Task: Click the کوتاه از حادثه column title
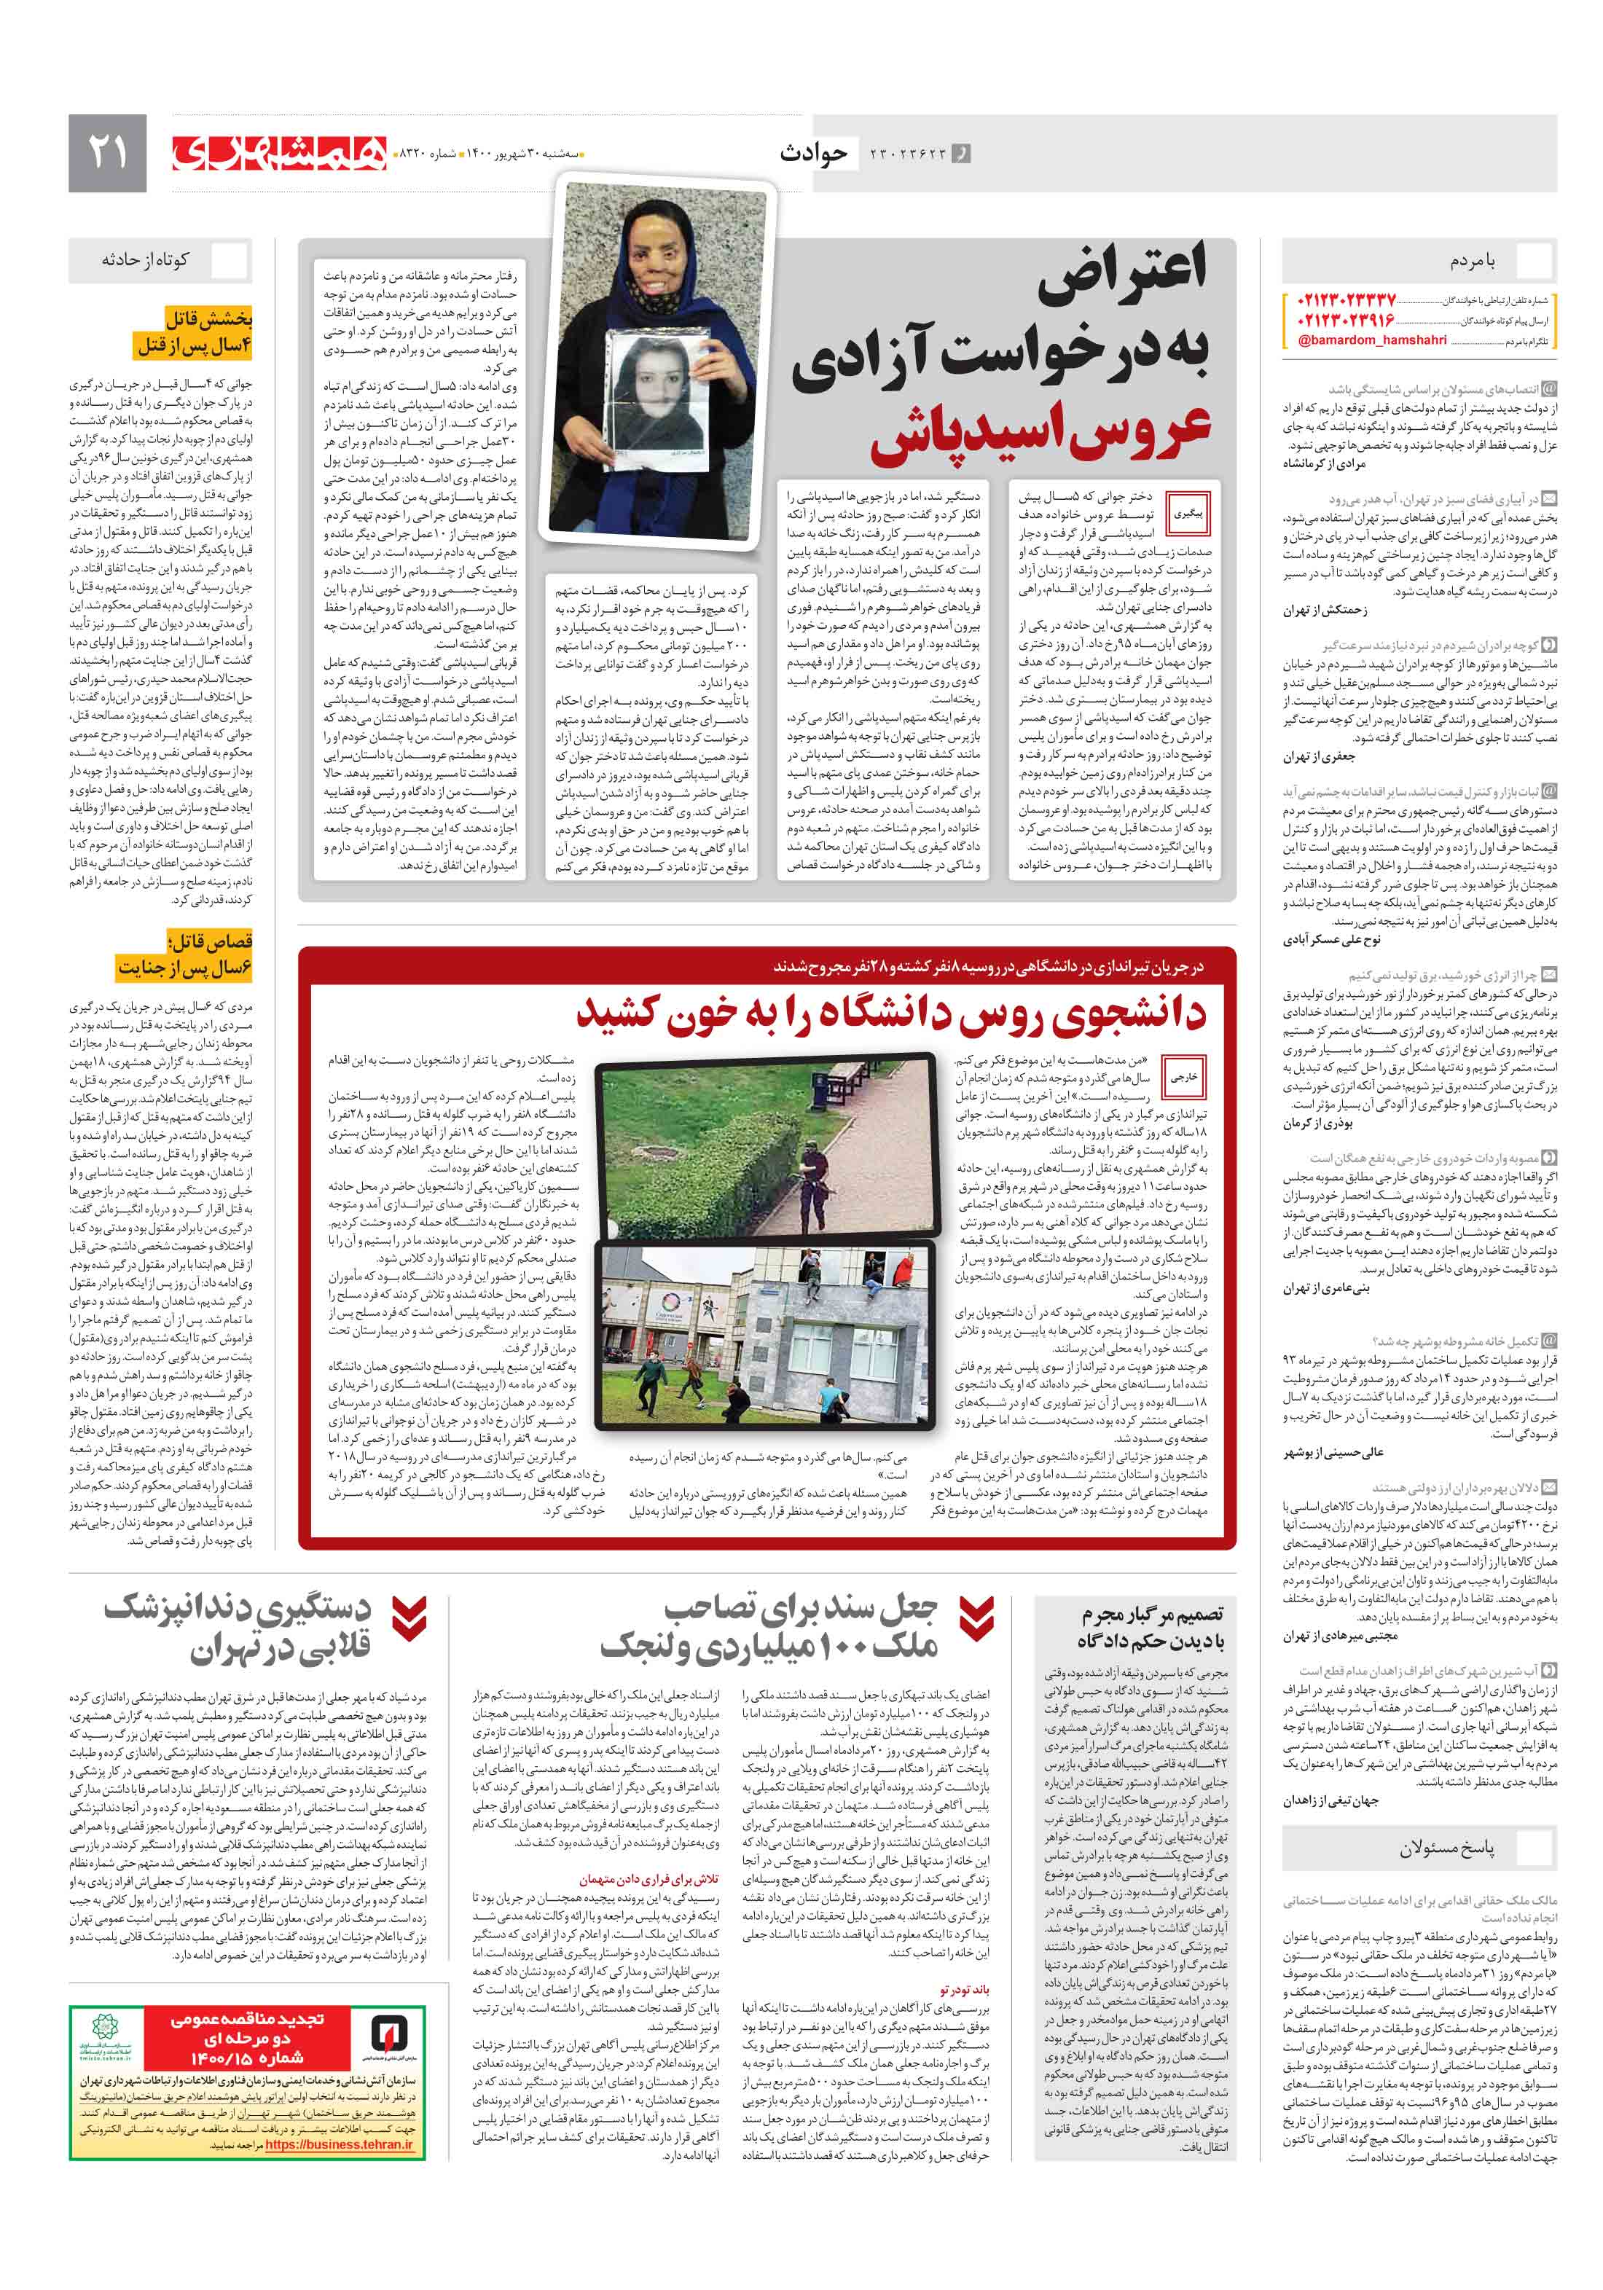[x=145, y=260]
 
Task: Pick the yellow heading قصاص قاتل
[x=211, y=941]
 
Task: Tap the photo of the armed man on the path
[x=767, y=1149]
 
